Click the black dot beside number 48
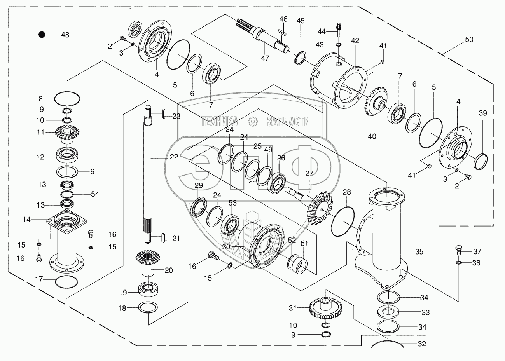(42, 35)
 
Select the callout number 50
(469, 39)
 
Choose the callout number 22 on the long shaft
(174, 157)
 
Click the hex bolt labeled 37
(458, 250)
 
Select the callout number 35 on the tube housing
(419, 251)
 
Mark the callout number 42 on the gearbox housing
(355, 40)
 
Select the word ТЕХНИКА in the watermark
(219, 122)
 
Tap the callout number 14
(26, 219)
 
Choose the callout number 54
(95, 194)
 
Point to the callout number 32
(421, 344)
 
